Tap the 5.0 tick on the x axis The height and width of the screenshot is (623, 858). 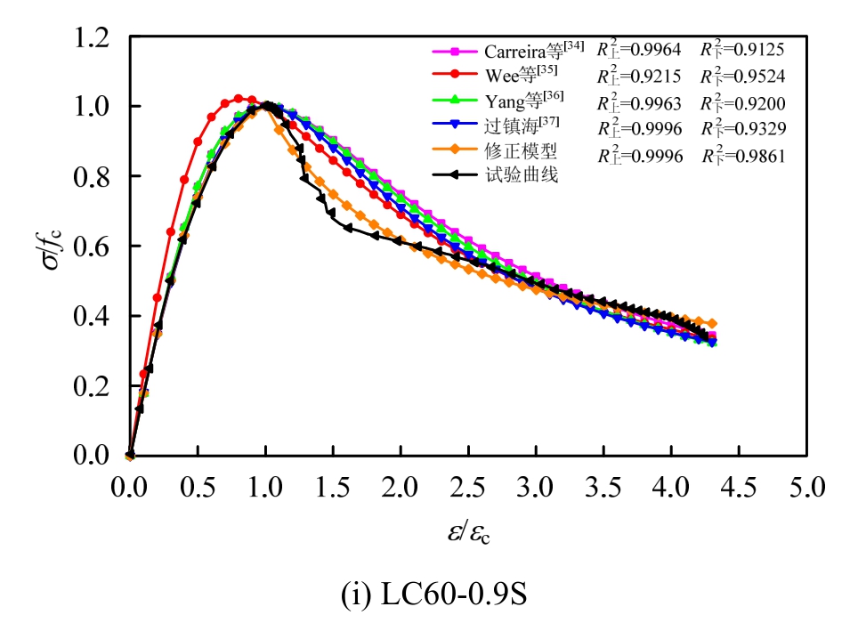[x=806, y=489]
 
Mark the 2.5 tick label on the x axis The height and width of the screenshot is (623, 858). [x=468, y=489]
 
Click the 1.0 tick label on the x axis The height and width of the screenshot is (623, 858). [x=265, y=489]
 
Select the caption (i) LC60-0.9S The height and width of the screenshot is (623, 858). [x=433, y=595]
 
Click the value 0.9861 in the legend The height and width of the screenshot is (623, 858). [x=757, y=156]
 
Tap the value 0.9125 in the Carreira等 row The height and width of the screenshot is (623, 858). [x=757, y=49]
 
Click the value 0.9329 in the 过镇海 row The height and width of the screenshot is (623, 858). [x=757, y=129]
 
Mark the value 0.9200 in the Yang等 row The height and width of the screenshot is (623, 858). [x=757, y=102]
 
